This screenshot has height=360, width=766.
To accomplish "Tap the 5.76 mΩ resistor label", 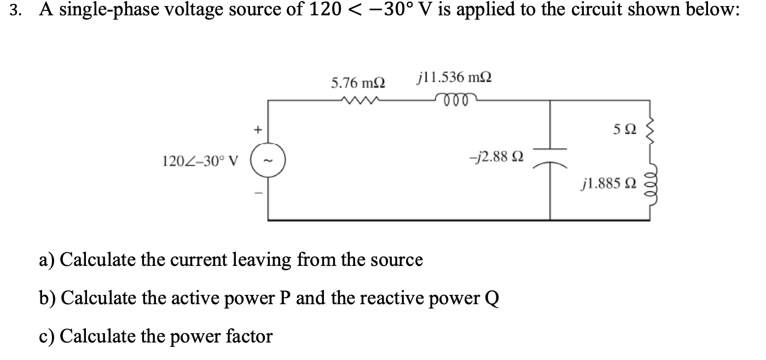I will [x=358, y=83].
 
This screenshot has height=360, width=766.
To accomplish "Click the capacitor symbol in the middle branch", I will [x=549, y=156].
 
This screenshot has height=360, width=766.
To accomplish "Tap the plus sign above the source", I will [x=255, y=130].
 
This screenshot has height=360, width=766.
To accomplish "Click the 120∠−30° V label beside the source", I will [x=201, y=161].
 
